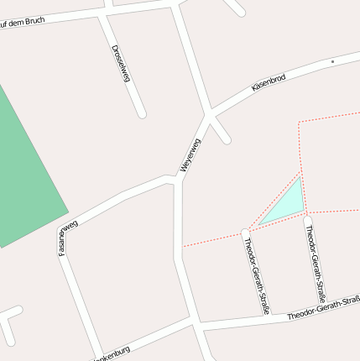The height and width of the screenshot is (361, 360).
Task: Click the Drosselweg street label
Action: [x=121, y=63]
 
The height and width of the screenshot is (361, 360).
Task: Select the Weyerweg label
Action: [x=191, y=155]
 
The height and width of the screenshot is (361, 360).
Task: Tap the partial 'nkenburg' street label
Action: [x=113, y=354]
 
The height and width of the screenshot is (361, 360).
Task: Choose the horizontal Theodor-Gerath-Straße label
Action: [x=323, y=308]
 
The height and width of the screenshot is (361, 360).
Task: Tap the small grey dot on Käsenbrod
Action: [x=332, y=62]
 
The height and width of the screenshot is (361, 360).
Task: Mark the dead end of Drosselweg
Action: [x=142, y=112]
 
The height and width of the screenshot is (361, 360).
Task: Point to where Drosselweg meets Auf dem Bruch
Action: [x=102, y=13]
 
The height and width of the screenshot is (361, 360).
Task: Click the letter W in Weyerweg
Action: [x=184, y=168]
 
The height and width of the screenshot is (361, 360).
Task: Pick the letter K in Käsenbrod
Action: [x=254, y=89]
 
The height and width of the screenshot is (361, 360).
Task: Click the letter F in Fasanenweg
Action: [x=62, y=253]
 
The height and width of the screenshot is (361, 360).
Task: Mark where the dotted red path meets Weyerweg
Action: [x=184, y=246]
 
